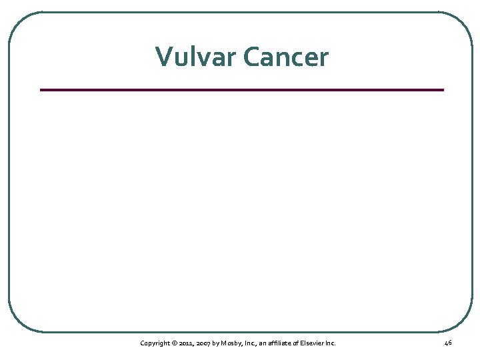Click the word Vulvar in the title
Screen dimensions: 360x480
pos(197,57)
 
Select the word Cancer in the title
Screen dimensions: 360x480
pos(286,57)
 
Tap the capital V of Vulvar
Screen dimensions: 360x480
pos(163,57)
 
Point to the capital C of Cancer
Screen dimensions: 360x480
pos(252,57)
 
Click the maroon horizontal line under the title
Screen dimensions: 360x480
pos(241,89)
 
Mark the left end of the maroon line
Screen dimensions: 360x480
pos(41,89)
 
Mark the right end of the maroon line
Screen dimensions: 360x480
pos(443,89)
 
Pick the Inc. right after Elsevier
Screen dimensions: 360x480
pos(331,343)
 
